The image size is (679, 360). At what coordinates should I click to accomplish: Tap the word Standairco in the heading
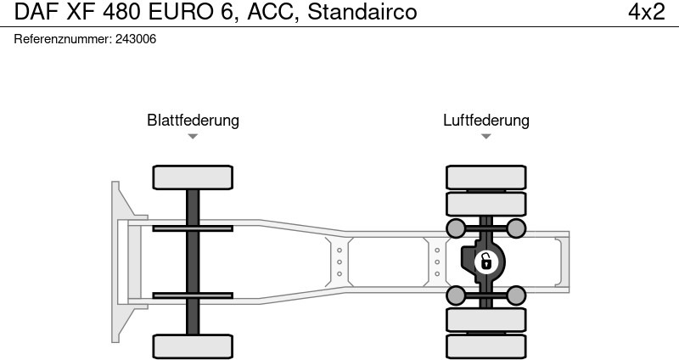(x=362, y=12)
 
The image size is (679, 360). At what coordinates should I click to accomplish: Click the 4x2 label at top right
(x=647, y=12)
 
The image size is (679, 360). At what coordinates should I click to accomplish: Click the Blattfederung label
(x=193, y=120)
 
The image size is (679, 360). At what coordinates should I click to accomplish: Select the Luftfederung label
(x=485, y=120)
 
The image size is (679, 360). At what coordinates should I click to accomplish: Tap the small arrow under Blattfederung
(x=193, y=136)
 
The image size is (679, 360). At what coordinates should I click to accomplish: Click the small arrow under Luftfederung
(x=485, y=136)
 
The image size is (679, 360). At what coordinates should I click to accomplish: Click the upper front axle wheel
(x=193, y=177)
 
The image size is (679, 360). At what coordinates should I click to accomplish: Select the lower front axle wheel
(x=193, y=346)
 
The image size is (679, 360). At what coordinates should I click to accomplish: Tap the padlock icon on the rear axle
(x=485, y=262)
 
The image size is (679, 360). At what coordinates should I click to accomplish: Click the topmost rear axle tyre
(x=485, y=177)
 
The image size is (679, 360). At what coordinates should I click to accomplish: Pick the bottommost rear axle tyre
(x=485, y=346)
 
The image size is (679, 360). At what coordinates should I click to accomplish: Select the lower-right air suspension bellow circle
(x=516, y=295)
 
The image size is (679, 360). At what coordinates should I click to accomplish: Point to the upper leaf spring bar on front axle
(x=193, y=228)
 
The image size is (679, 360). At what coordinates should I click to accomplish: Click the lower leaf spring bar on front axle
(x=193, y=295)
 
